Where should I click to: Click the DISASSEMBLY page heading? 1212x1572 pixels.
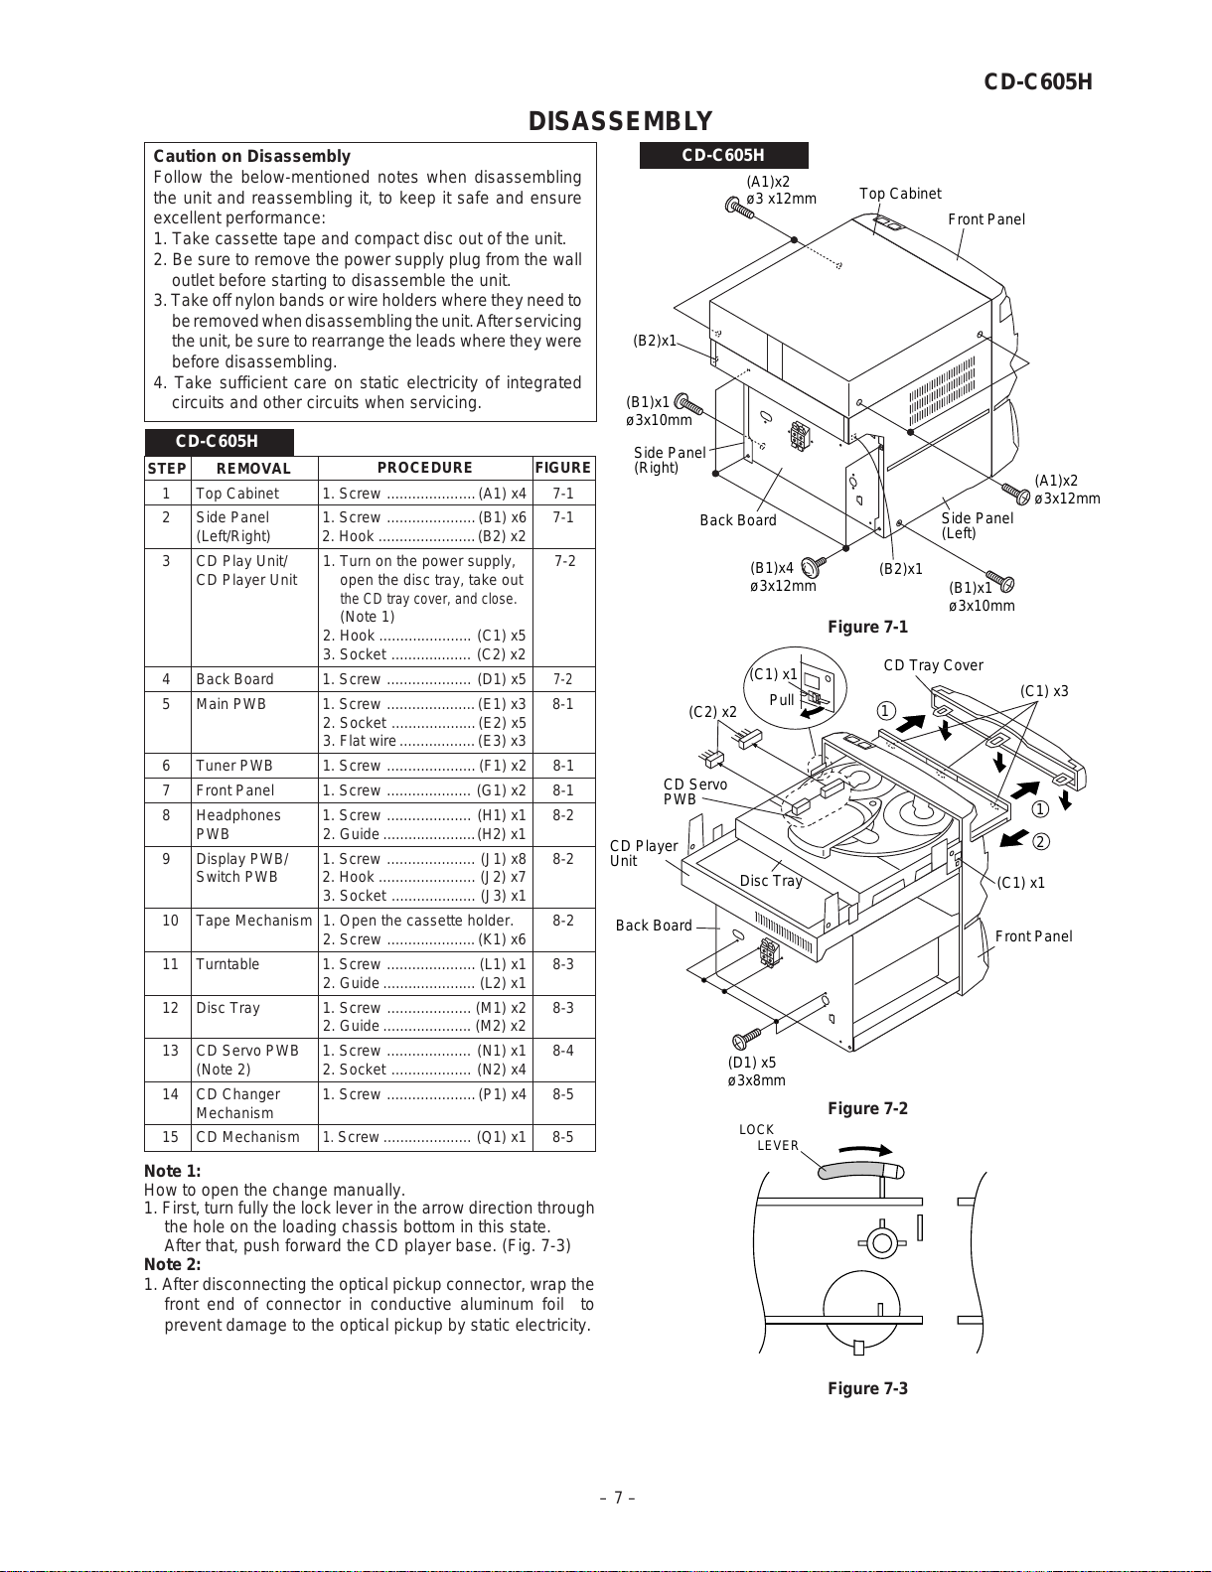pos(620,121)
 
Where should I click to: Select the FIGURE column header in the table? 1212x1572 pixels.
pos(562,468)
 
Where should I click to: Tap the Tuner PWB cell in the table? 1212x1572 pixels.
pos(234,766)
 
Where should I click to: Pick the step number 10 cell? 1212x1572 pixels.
pos(170,921)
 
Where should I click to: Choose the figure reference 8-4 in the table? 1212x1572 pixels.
pos(563,1051)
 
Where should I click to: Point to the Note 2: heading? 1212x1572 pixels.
pos(172,1264)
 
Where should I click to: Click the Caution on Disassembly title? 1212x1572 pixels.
pos(251,156)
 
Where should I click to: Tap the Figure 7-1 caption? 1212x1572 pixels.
pos(867,627)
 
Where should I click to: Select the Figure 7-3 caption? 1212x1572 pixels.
pos(867,1388)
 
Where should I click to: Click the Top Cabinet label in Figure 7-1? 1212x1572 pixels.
pos(900,194)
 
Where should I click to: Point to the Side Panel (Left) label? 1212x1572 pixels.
pos(977,525)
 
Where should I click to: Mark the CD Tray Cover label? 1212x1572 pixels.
pos(933,665)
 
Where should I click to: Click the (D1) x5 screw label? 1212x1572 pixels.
pos(752,1063)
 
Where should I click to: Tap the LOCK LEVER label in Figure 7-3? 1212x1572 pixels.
pos(770,1138)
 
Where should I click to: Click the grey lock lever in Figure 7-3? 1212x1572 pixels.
pos(860,1169)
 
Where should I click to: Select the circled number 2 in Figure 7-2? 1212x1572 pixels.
pos(1040,842)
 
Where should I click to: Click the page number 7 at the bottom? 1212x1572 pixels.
pos(617,1498)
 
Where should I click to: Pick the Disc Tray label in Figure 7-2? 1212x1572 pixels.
pos(771,881)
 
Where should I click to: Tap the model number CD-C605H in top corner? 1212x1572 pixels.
pos(1038,82)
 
